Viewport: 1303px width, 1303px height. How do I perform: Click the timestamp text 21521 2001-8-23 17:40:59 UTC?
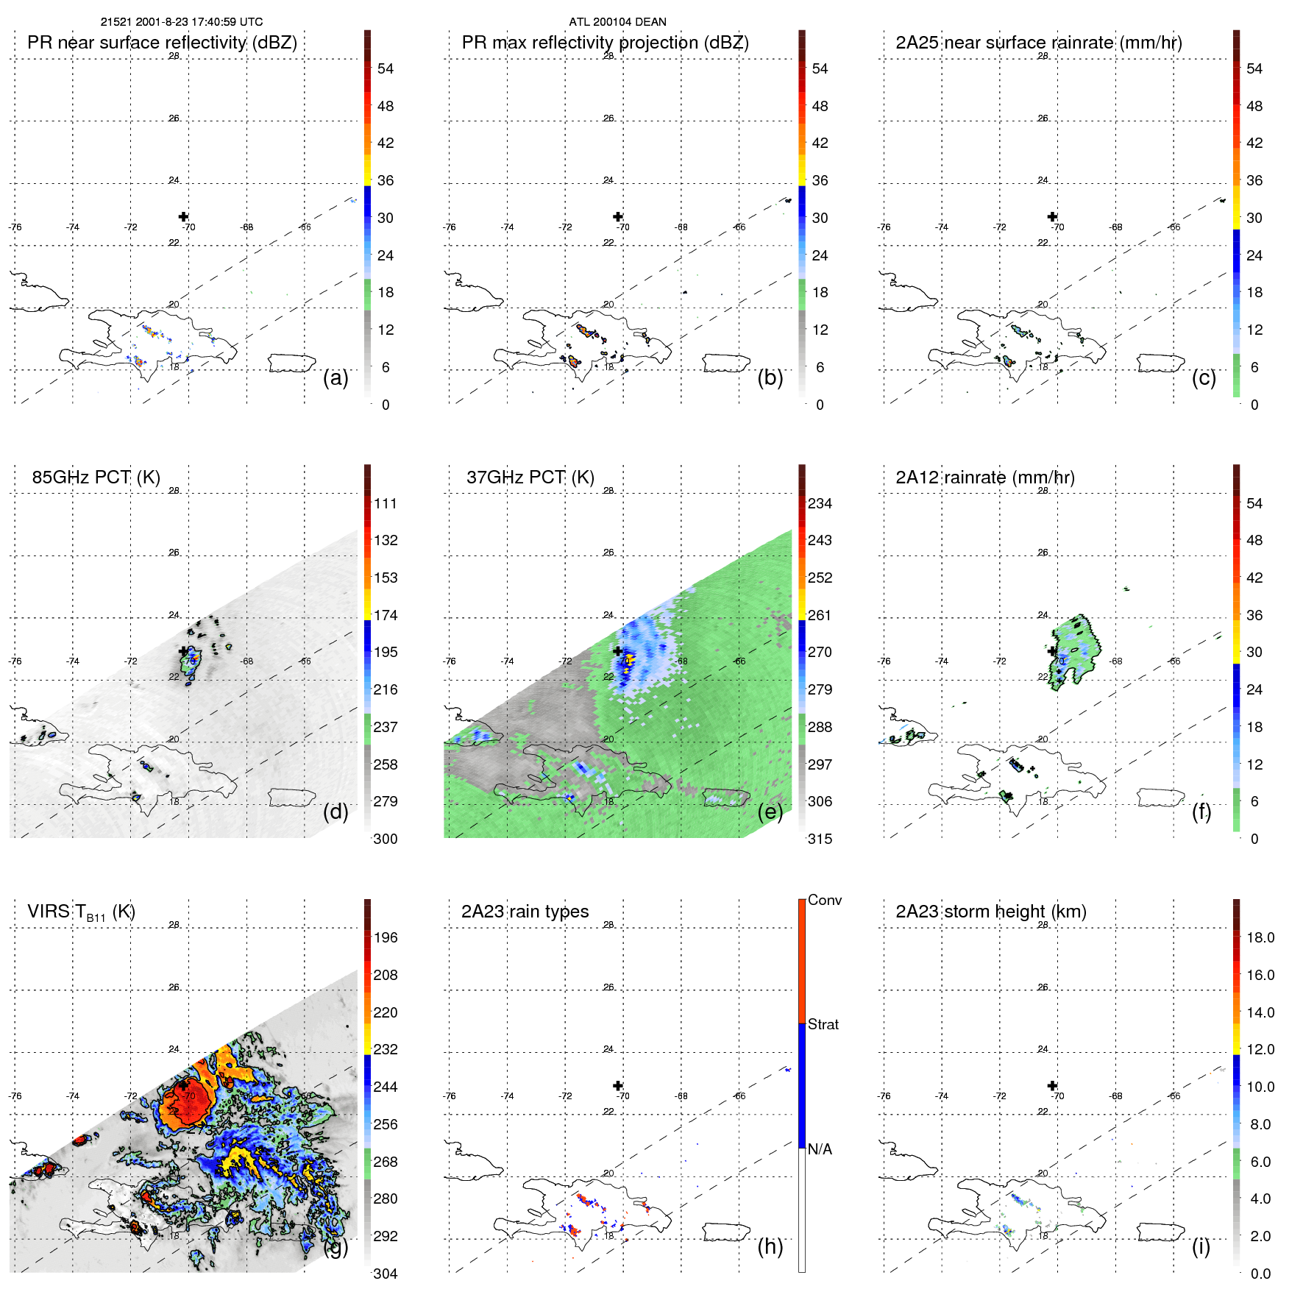(182, 22)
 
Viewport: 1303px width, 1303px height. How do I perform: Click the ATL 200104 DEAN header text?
(617, 22)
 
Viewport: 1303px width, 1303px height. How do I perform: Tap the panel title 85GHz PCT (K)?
(96, 477)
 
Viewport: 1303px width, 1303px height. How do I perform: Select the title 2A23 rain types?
(525, 912)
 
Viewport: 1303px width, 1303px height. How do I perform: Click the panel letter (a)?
(335, 378)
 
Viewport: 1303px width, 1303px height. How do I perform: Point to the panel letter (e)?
(770, 812)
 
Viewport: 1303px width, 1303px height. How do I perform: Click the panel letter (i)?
(1201, 1246)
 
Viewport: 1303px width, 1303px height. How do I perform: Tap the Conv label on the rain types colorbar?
(825, 900)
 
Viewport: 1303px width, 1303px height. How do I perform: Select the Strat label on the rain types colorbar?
(823, 1024)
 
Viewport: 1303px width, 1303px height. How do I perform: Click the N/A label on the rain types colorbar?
(820, 1149)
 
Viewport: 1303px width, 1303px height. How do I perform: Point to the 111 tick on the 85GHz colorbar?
(386, 504)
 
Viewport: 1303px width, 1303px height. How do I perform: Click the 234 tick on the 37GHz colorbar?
(820, 504)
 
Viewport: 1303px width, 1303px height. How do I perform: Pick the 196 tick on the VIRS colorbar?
(386, 938)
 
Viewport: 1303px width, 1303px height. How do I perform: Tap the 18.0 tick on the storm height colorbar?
(1260, 938)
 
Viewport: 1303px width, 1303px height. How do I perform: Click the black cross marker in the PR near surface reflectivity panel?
(183, 216)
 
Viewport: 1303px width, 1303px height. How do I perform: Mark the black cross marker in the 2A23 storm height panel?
(1052, 1085)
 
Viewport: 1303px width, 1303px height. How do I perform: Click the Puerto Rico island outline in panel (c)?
(1160, 363)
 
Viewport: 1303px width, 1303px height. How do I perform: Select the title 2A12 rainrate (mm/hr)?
(985, 477)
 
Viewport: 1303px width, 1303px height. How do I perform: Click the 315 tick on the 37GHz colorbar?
(820, 839)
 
